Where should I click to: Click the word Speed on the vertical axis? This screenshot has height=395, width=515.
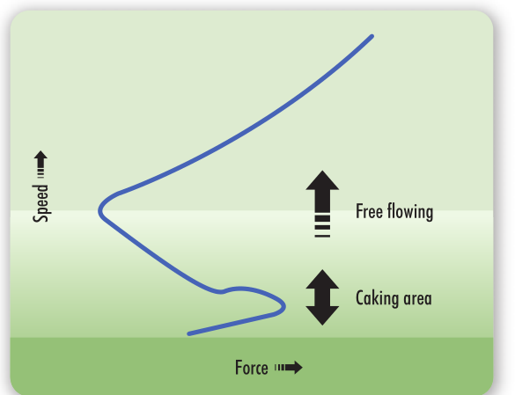point(40,203)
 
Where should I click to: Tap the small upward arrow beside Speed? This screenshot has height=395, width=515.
point(40,165)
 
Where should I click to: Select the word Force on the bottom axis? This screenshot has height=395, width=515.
point(252,368)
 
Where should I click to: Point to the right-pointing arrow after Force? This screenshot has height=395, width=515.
point(289,368)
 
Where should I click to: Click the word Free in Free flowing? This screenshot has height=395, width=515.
point(369,211)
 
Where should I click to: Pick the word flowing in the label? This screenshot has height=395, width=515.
point(410,212)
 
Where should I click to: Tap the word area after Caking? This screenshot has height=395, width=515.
point(418,299)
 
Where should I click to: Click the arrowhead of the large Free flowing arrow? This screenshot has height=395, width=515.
point(322,180)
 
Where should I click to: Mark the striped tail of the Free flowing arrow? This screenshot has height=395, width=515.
point(322,226)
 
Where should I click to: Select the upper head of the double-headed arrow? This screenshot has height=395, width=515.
point(322,280)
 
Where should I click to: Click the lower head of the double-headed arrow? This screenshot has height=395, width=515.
point(322,316)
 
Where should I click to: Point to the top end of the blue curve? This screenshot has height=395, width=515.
point(372,36)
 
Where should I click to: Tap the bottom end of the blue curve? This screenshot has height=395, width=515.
point(189,334)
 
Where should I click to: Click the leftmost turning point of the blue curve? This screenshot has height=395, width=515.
point(99,211)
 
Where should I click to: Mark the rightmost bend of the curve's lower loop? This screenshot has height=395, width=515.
point(284,307)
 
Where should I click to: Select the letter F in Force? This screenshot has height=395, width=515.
point(239,368)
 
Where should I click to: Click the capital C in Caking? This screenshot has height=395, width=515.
point(360,298)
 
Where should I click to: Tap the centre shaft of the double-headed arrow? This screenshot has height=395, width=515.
point(322,297)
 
